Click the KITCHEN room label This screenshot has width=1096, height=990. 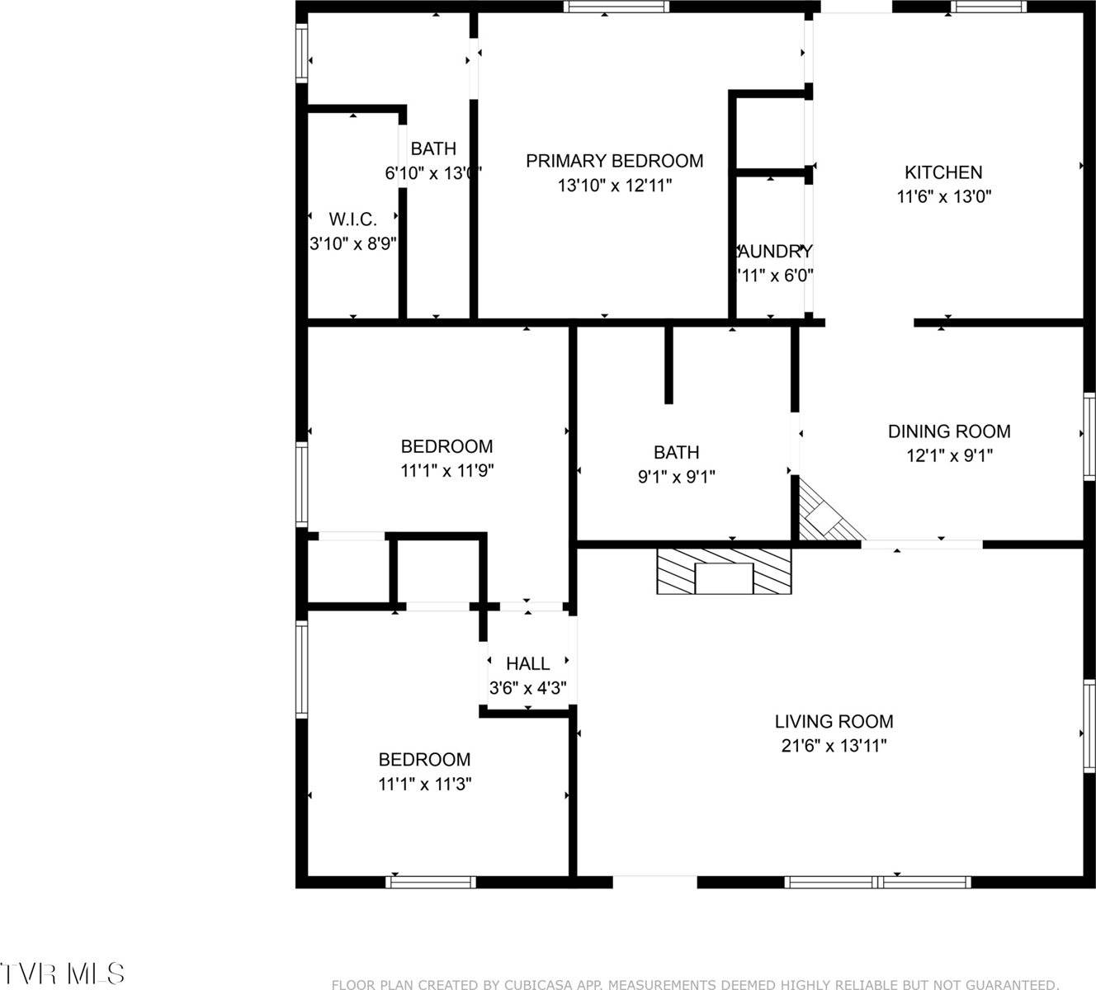tap(943, 172)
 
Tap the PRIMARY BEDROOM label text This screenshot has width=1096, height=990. tap(615, 161)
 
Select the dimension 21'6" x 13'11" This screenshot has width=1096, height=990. tap(834, 746)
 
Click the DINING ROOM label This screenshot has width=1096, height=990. tap(949, 431)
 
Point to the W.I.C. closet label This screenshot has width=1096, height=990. tap(352, 219)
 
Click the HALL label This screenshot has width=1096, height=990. tap(528, 663)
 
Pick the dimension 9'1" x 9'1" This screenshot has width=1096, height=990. tap(677, 476)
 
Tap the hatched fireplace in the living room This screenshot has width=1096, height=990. tap(724, 570)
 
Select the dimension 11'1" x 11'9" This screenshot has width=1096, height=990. tap(447, 470)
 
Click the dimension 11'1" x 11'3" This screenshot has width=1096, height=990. tap(424, 784)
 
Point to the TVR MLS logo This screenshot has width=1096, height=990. tap(62, 973)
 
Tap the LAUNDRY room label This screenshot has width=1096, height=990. tap(775, 251)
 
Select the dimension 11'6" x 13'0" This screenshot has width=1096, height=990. tap(943, 196)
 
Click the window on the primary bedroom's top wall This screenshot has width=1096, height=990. tap(616, 7)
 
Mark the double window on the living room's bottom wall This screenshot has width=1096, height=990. tap(878, 882)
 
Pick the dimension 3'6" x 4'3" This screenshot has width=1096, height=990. tap(528, 687)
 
